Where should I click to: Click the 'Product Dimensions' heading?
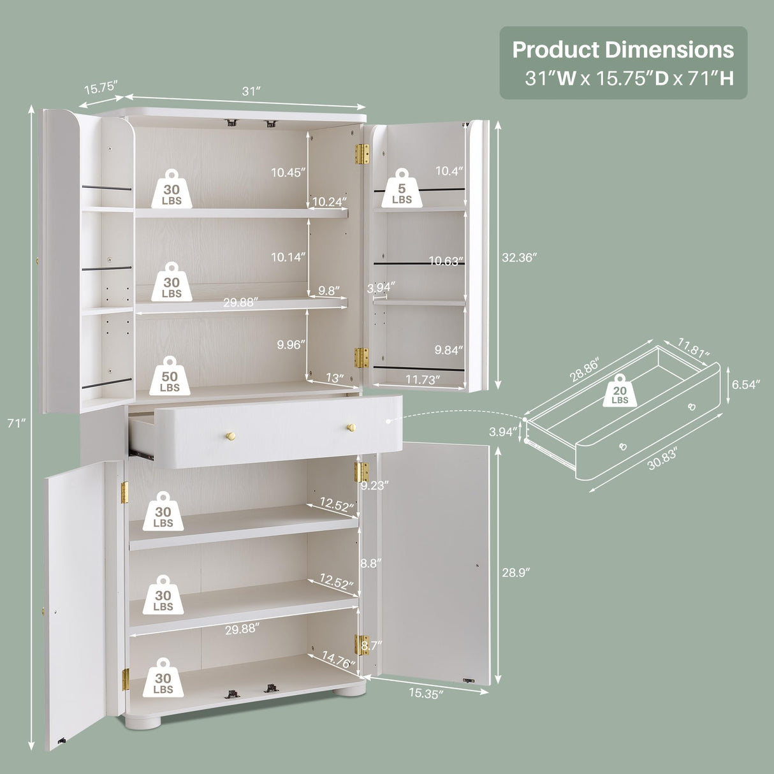click(623, 50)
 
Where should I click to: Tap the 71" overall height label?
click(16, 423)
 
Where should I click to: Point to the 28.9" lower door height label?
click(516, 573)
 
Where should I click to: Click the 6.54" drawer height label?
click(745, 384)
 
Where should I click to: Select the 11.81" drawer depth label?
click(693, 348)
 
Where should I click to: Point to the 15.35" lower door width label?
click(427, 694)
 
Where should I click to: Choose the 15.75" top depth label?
click(101, 87)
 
